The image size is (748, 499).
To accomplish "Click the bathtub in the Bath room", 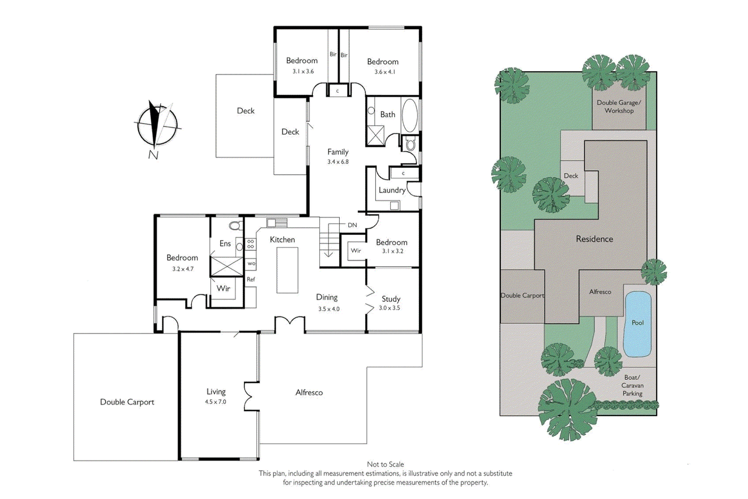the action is tap(410, 115).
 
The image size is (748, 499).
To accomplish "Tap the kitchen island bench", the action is tap(287, 270).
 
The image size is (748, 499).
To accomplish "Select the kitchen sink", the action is tap(277, 223).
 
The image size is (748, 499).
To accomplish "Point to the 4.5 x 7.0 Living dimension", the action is tap(216, 402).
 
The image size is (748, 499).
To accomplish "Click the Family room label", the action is tap(338, 152).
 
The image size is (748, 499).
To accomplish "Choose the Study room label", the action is tap(391, 299).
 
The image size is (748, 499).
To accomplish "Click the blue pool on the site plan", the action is tap(638, 324).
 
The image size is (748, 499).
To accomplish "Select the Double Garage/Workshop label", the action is tap(619, 107).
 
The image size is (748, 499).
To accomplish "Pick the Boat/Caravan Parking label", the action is tap(633, 385).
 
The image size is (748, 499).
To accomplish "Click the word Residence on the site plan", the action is tap(594, 239).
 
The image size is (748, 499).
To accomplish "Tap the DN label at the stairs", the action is tap(352, 225).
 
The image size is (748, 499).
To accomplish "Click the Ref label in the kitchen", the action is tap(250, 279).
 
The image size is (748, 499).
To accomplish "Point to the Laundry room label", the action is tap(392, 190).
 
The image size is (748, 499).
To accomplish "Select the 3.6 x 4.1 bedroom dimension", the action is tap(384, 72).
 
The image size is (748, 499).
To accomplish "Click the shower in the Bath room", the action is tap(376, 136).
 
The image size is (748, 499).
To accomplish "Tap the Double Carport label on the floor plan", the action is tap(127, 402).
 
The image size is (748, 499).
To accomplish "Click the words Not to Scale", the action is tap(385, 464).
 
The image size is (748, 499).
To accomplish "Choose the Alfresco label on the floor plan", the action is tap(309, 392).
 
